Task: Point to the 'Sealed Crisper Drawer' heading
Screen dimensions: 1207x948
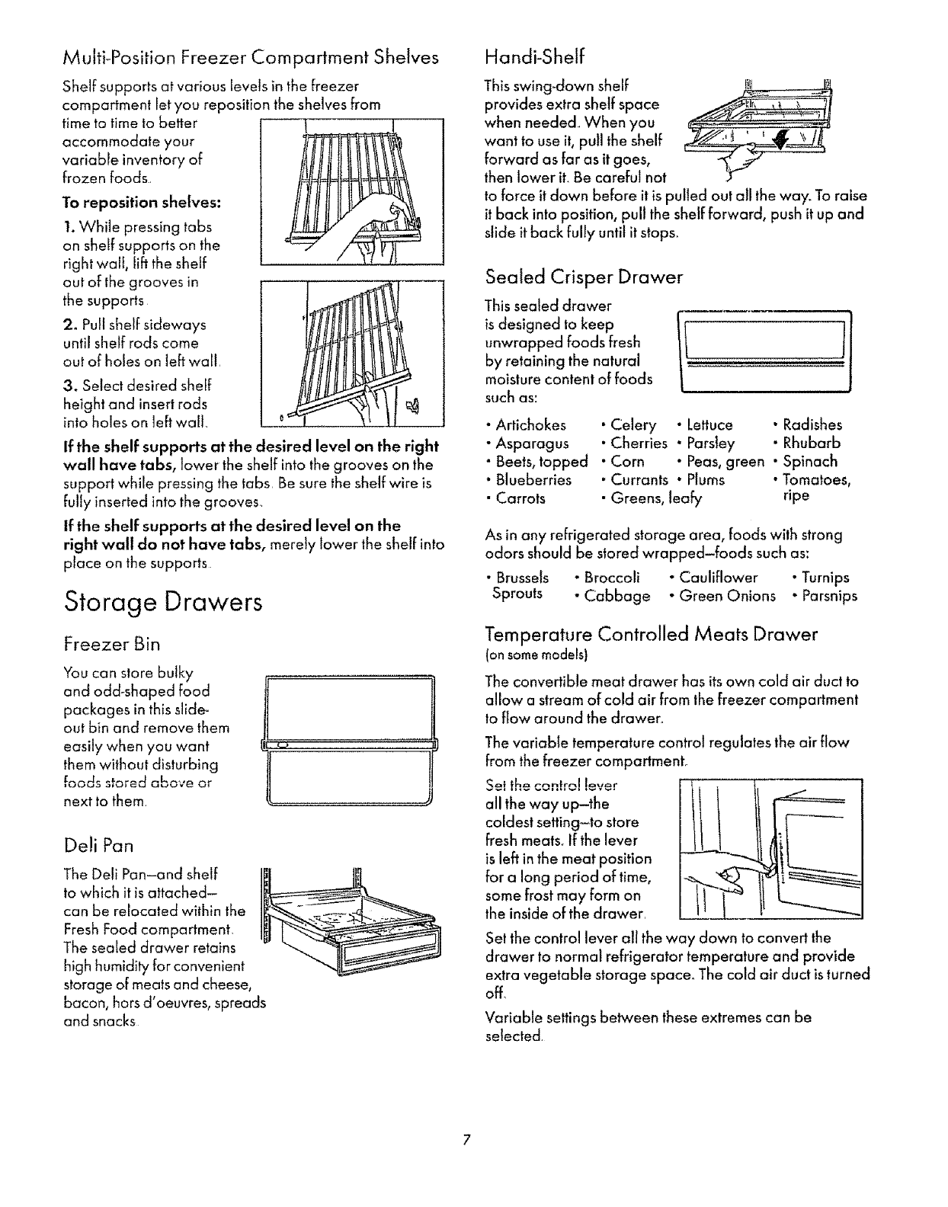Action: tap(584, 277)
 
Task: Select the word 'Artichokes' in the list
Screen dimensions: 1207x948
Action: tap(530, 425)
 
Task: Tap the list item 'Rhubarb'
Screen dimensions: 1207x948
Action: tap(812, 443)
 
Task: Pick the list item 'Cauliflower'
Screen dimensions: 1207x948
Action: tap(719, 578)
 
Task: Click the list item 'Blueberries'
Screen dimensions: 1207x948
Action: tap(533, 480)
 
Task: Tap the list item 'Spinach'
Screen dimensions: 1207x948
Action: tap(810, 461)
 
